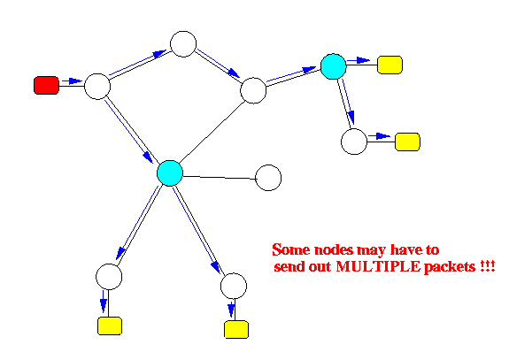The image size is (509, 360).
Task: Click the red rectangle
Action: (46, 85)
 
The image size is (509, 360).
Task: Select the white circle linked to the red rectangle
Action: (97, 87)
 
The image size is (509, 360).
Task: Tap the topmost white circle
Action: (183, 44)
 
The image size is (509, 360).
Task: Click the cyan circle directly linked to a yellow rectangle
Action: (334, 66)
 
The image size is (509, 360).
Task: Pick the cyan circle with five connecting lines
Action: (170, 172)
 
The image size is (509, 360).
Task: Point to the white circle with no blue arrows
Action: (268, 178)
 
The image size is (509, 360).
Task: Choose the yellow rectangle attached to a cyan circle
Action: (389, 65)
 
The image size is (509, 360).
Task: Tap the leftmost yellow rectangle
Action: (110, 326)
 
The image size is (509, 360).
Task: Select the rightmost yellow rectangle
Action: (407, 142)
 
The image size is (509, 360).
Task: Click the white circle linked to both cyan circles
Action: (253, 90)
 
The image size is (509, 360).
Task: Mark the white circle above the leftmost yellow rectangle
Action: (109, 277)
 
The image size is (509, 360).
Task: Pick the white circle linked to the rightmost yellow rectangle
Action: (354, 142)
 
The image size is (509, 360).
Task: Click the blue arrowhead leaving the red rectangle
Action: (76, 80)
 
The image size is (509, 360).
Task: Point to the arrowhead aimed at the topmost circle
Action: (159, 53)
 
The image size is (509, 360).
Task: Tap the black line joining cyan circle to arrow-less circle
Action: (220, 178)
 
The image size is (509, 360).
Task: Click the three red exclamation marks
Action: (487, 266)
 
